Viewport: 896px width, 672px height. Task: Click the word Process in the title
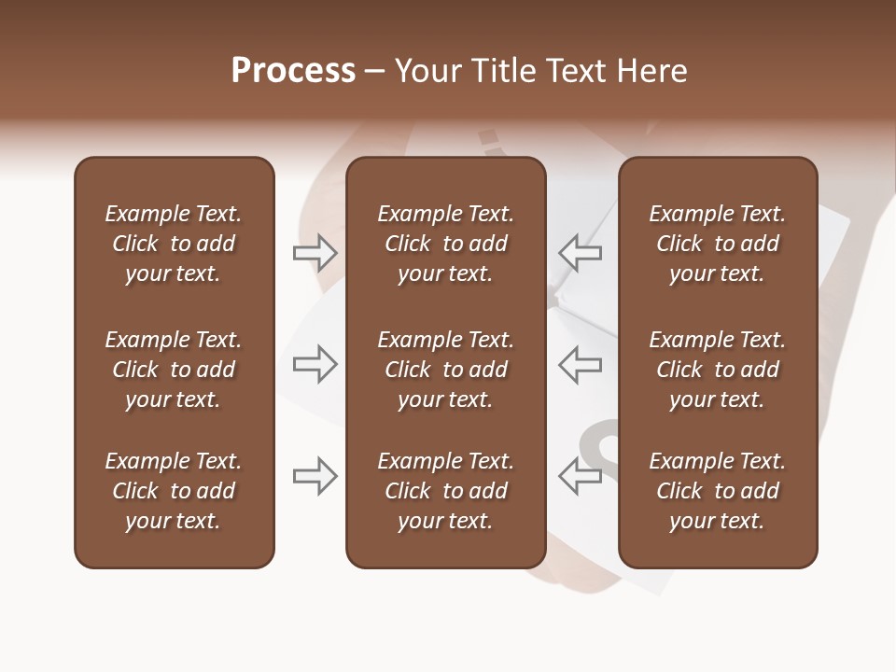(x=293, y=71)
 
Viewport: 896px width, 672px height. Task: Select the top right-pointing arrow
(x=315, y=252)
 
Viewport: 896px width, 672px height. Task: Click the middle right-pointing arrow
(x=315, y=364)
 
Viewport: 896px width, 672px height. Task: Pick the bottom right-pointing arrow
(x=315, y=476)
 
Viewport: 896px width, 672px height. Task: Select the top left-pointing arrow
(x=580, y=252)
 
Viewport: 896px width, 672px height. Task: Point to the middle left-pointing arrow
(x=580, y=364)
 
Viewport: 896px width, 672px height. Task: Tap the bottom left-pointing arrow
(x=580, y=476)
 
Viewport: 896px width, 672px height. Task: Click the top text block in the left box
(x=174, y=244)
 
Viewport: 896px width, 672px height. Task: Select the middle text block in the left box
(x=174, y=370)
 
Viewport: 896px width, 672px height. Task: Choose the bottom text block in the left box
(x=174, y=491)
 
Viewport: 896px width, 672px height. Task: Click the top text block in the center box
(x=445, y=244)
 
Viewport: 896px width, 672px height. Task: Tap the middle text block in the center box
(x=445, y=370)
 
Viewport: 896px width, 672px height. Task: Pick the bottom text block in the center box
(x=445, y=491)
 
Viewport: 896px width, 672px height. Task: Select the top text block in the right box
(x=718, y=244)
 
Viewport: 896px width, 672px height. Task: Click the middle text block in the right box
(x=718, y=370)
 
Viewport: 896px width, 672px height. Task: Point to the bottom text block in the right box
(x=718, y=491)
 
